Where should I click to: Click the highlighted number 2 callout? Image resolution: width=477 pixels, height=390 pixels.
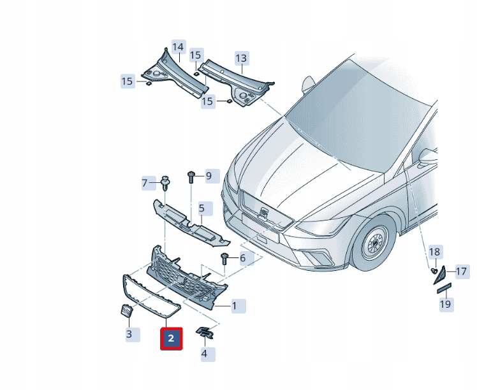pyautogui.click(x=171, y=338)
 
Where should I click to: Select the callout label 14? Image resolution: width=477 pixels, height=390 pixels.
pyautogui.click(x=178, y=47)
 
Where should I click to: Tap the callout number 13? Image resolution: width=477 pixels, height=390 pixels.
pyautogui.click(x=240, y=59)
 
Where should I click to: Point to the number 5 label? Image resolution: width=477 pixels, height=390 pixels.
pyautogui.click(x=202, y=208)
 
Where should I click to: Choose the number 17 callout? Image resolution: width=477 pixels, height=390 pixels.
pyautogui.click(x=461, y=272)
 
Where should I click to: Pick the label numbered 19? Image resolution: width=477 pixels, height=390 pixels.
pyautogui.click(x=446, y=305)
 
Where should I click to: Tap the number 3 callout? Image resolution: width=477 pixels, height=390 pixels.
pyautogui.click(x=129, y=334)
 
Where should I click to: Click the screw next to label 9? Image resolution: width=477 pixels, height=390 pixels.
pyautogui.click(x=190, y=176)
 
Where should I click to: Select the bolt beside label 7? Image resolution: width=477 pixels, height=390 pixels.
pyautogui.click(x=165, y=184)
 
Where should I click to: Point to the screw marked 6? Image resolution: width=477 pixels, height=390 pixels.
pyautogui.click(x=224, y=258)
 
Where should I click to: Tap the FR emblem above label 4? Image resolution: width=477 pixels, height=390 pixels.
pyautogui.click(x=205, y=333)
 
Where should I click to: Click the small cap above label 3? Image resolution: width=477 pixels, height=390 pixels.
pyautogui.click(x=126, y=311)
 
